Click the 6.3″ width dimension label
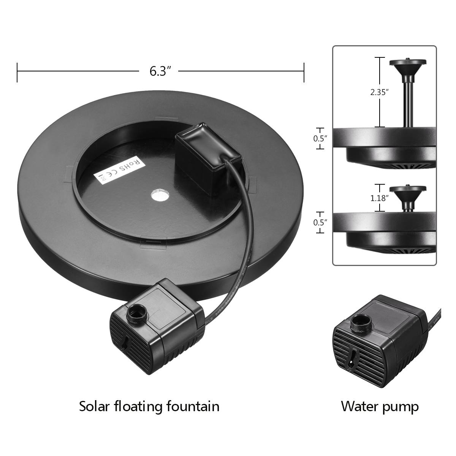158,71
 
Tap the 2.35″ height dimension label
379,92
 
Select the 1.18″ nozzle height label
379,198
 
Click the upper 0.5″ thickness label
320,139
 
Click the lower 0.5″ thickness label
320,222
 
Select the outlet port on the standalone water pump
360,322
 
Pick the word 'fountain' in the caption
193,406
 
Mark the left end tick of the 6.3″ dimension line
17,71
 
